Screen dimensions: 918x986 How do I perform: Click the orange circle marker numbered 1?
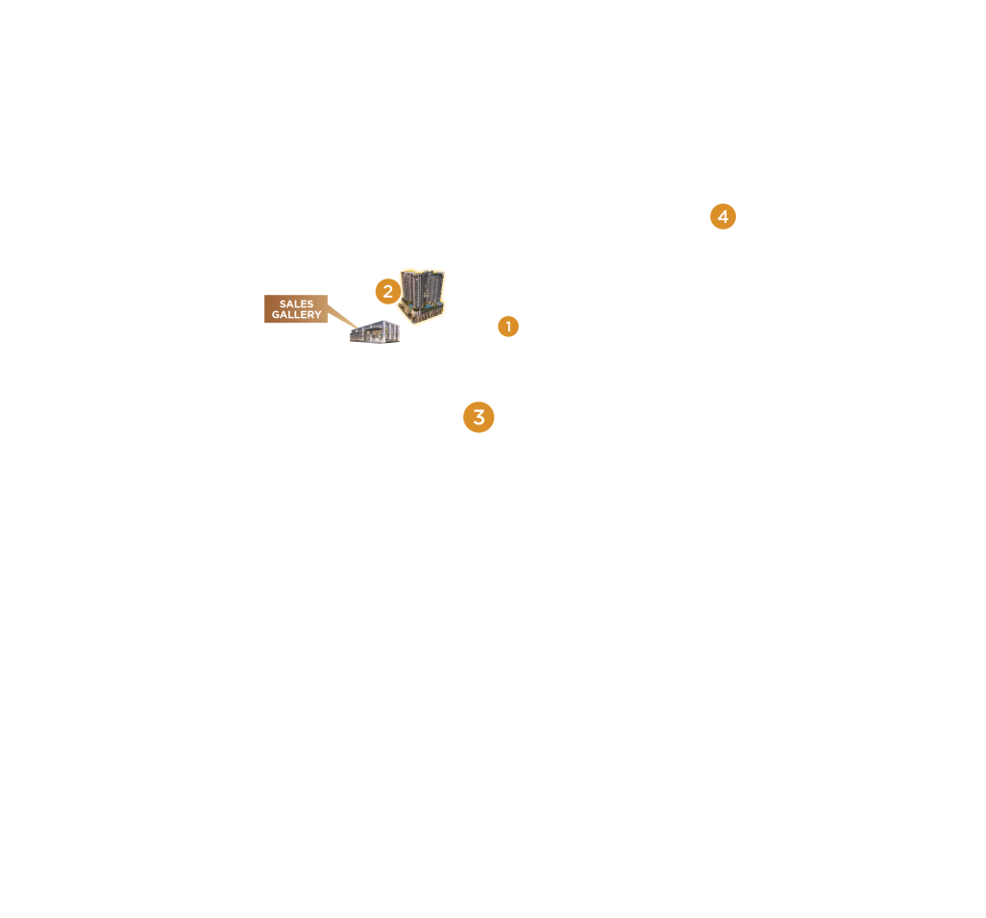(x=508, y=326)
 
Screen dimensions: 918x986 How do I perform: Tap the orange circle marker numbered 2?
(x=387, y=291)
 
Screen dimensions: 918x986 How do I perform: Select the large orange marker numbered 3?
(x=479, y=418)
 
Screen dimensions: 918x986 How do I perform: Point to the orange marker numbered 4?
(x=723, y=217)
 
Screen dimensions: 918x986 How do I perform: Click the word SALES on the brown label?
(x=296, y=304)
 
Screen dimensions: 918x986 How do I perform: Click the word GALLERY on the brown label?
(x=296, y=315)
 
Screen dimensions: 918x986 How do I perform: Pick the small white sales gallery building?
(x=375, y=332)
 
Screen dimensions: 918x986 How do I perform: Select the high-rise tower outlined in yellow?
(x=423, y=293)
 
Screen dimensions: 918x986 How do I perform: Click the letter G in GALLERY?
(x=275, y=315)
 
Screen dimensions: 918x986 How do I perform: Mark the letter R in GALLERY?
(x=309, y=315)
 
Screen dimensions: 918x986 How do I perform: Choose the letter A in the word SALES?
(x=289, y=304)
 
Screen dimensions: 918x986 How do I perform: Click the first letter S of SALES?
(x=283, y=304)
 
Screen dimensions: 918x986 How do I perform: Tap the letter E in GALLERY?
(x=302, y=315)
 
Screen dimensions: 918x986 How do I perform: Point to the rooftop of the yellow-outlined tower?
(x=423, y=273)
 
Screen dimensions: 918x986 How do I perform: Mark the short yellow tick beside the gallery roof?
(x=402, y=327)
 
